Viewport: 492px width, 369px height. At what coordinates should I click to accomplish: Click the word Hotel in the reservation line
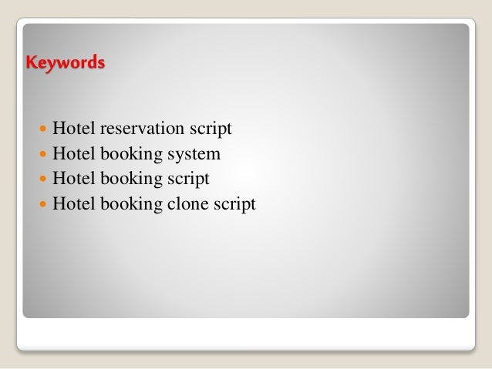pos(73,129)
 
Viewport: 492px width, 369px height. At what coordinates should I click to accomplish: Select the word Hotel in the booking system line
pos(73,154)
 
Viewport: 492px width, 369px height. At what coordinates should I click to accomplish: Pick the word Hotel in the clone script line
pos(73,205)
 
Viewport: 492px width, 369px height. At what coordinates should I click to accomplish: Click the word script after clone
pos(234,206)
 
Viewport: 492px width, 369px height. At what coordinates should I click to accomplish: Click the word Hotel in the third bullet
pos(73,179)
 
